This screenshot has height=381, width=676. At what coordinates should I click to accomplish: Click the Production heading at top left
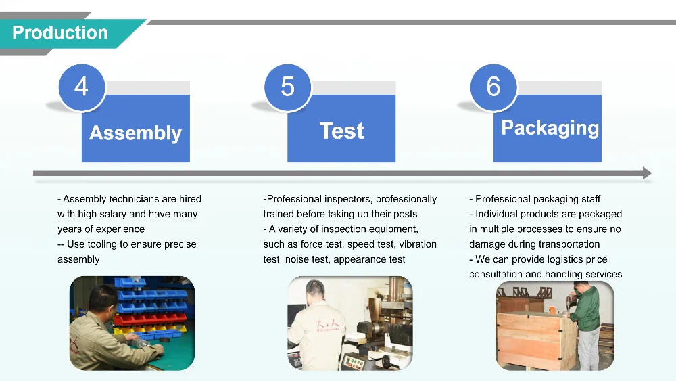click(x=60, y=32)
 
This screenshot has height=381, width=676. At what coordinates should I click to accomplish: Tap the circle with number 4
click(x=82, y=87)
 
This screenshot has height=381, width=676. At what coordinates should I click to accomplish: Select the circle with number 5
click(x=288, y=87)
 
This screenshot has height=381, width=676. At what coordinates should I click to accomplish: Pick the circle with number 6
click(x=493, y=87)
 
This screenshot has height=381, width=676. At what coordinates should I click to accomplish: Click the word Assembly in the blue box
click(x=135, y=133)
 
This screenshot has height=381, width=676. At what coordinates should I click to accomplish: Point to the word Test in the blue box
click(x=341, y=131)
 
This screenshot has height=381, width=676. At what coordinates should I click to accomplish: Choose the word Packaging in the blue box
click(x=550, y=128)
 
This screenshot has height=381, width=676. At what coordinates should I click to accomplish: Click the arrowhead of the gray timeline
click(x=647, y=173)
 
